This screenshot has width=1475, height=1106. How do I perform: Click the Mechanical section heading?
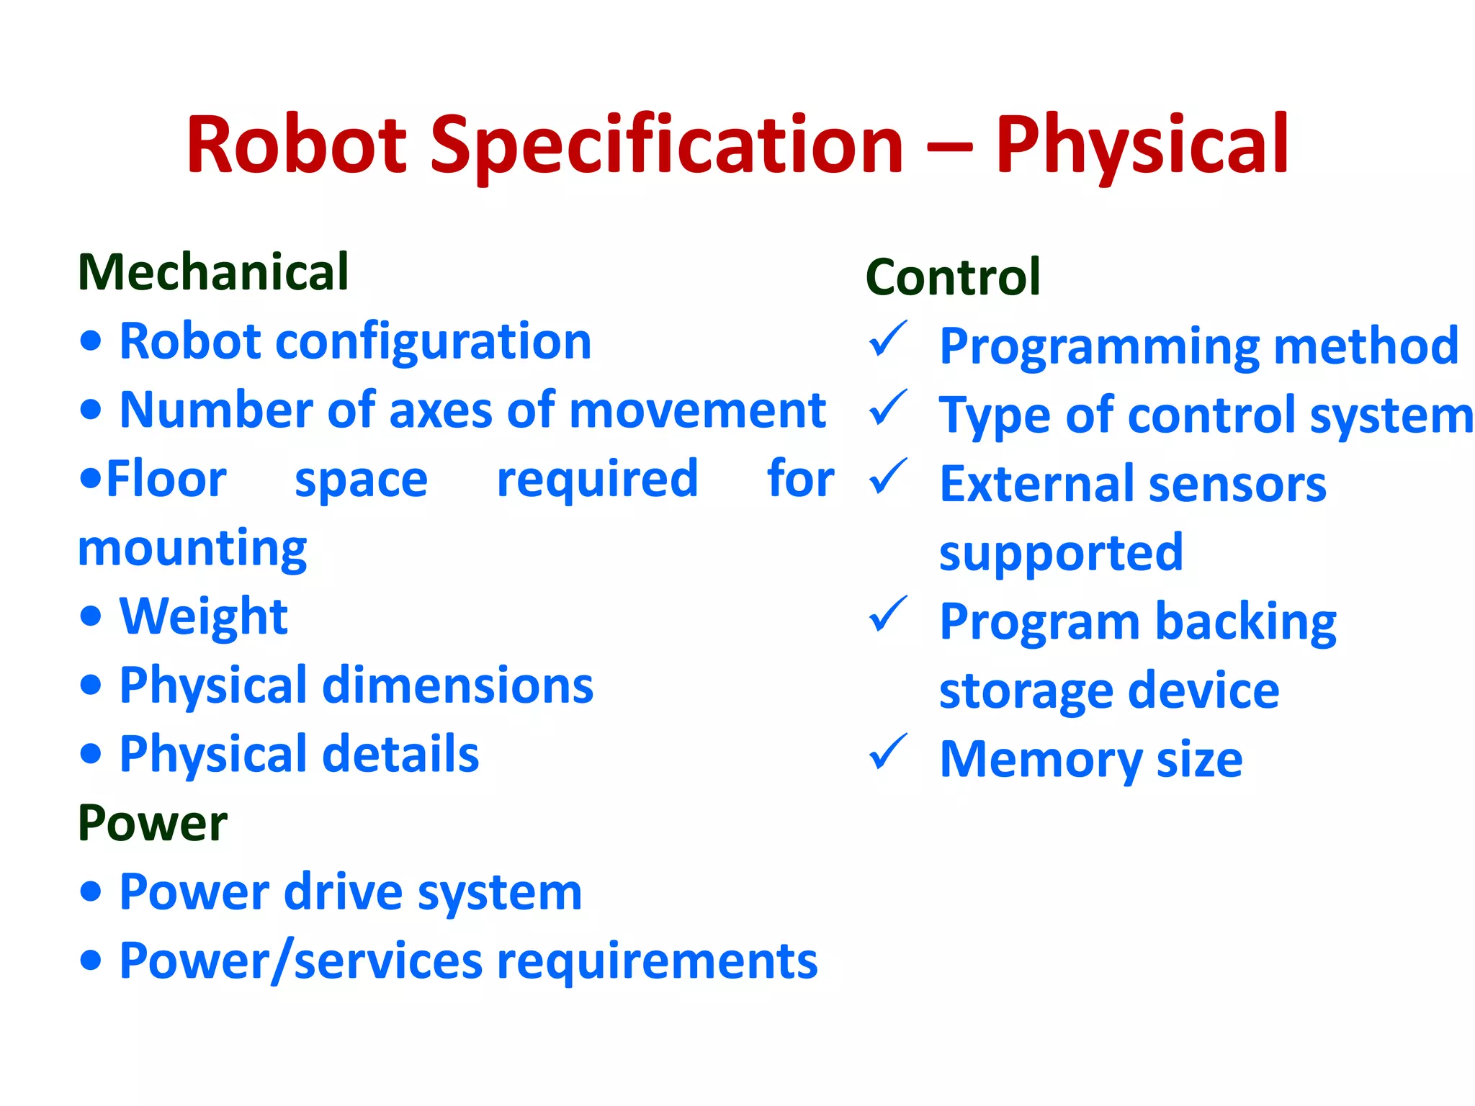(x=213, y=272)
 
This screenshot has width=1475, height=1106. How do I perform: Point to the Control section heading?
(x=953, y=276)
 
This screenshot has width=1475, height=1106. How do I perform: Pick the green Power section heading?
(x=153, y=822)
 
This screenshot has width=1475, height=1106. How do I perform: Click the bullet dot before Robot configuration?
(x=91, y=341)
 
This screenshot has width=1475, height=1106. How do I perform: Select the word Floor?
(x=166, y=479)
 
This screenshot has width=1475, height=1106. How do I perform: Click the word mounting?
(x=192, y=549)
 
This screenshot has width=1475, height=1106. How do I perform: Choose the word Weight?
(x=204, y=616)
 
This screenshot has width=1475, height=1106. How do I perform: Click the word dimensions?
(x=458, y=685)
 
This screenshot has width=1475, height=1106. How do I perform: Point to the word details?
(x=400, y=754)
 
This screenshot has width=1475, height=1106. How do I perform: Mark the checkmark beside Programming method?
(x=887, y=339)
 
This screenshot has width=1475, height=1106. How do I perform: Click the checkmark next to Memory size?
(x=887, y=752)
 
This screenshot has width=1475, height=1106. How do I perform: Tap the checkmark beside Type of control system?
(x=887, y=408)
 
